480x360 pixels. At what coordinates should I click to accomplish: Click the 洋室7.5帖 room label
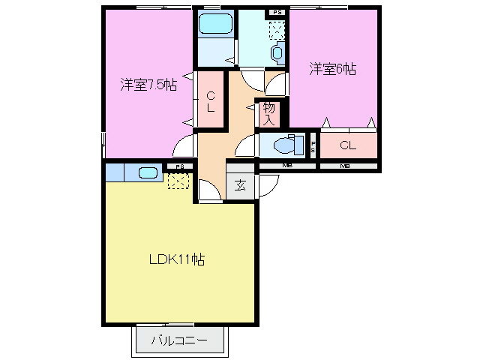click(x=148, y=85)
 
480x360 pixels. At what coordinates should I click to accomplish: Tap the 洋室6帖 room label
click(x=332, y=69)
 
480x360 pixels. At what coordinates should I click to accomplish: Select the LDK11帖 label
click(x=176, y=260)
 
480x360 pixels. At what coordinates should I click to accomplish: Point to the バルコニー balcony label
click(x=180, y=340)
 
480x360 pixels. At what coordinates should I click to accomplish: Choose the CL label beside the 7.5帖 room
click(x=211, y=101)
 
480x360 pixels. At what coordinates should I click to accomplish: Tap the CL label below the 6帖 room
click(x=347, y=145)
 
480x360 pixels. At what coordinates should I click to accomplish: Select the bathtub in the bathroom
click(x=215, y=24)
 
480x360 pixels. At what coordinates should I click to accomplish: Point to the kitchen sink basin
click(x=148, y=173)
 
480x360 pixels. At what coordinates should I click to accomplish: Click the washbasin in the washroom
click(x=278, y=53)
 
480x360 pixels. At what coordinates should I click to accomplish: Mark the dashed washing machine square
click(x=277, y=29)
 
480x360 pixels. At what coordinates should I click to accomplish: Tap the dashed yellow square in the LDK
click(x=178, y=180)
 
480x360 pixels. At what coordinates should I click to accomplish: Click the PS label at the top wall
click(x=277, y=12)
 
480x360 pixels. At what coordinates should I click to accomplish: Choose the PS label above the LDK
click(x=178, y=166)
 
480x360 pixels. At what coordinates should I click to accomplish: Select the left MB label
click(x=286, y=165)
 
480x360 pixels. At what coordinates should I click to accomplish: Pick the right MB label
click(x=345, y=165)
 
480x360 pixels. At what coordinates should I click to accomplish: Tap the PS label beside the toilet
click(x=313, y=145)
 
